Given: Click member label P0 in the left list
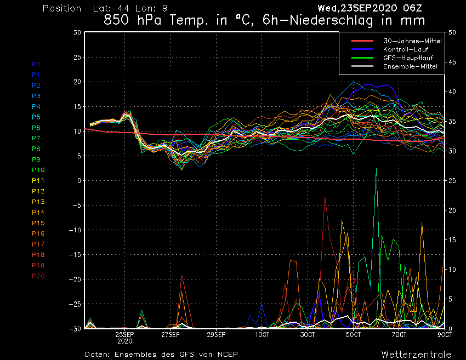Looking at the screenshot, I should [x=36, y=64].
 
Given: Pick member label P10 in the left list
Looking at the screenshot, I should [x=38, y=170].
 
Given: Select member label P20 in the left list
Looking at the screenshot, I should [x=38, y=276].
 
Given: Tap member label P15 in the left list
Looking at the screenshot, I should [x=38, y=223].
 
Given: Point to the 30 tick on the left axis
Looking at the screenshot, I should [x=77, y=32].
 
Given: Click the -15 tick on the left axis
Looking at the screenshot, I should [x=75, y=255].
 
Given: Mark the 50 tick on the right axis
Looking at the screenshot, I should [x=452, y=32].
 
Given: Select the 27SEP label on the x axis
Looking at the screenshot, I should [x=171, y=334].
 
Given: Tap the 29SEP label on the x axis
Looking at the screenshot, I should [x=217, y=334].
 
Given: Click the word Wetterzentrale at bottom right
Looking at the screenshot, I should [x=416, y=354].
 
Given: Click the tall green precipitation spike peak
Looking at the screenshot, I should [x=376, y=168].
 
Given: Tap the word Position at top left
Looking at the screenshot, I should [x=62, y=9].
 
